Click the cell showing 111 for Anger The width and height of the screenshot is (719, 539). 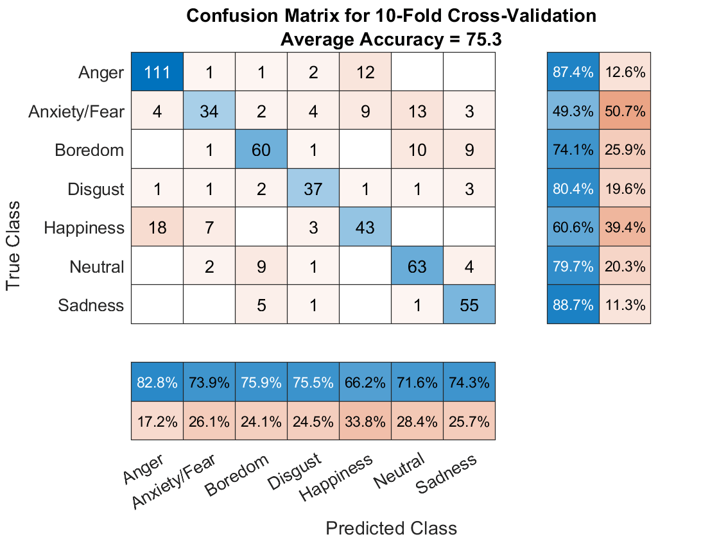pos(157,73)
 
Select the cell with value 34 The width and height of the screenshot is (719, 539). pos(209,111)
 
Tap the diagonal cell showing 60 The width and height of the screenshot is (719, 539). pos(261,150)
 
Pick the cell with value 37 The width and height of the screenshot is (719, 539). pos(313,189)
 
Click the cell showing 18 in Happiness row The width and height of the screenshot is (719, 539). pos(157,227)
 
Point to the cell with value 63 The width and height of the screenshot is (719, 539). pos(417,266)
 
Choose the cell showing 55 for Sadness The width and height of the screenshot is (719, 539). pos(469,305)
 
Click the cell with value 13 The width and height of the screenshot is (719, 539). pos(417,111)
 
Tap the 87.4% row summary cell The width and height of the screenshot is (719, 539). pos(573,73)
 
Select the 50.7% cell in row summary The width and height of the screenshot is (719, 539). pos(625,111)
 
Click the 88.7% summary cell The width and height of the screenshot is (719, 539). pos(573,305)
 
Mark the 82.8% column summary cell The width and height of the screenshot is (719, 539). pos(157,382)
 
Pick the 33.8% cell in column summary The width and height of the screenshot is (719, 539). pos(365,422)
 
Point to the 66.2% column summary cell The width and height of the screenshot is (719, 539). pos(365,382)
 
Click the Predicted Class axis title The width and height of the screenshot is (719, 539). pos(392,528)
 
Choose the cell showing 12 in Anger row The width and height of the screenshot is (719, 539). pos(365,73)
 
